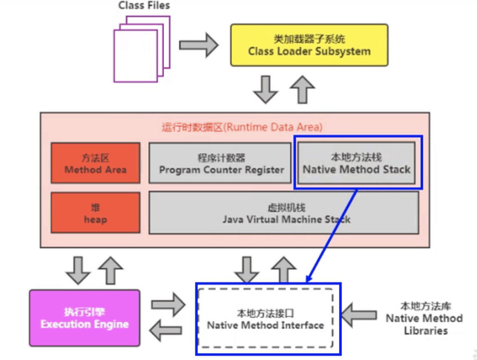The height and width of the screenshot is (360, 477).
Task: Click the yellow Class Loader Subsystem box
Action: pos(309,45)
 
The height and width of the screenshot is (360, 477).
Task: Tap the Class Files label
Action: pos(144,6)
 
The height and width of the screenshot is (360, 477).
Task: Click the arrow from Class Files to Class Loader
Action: pos(199,45)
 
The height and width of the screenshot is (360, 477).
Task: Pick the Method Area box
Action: pos(95,163)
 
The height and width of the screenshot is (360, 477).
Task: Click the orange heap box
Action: pos(95,213)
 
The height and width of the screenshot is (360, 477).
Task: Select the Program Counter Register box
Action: pos(221,163)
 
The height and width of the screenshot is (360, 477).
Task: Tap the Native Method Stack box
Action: pos(357,163)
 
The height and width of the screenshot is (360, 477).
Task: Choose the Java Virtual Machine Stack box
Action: pos(283,213)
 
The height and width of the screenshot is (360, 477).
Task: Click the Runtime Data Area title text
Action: pos(242,127)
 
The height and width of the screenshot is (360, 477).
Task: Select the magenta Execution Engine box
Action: pos(84,318)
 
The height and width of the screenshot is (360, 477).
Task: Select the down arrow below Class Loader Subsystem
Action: pos(265,89)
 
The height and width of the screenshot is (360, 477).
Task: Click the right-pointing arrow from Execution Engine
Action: pos(167,304)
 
